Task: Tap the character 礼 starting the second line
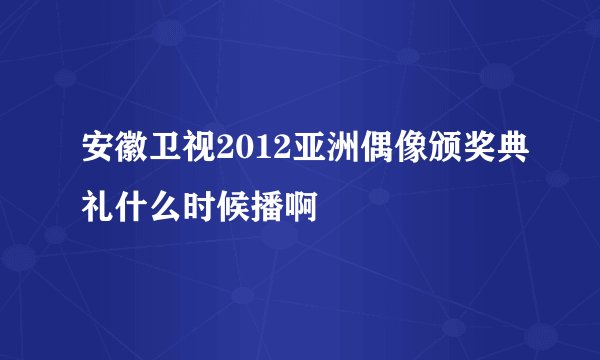(x=84, y=204)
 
